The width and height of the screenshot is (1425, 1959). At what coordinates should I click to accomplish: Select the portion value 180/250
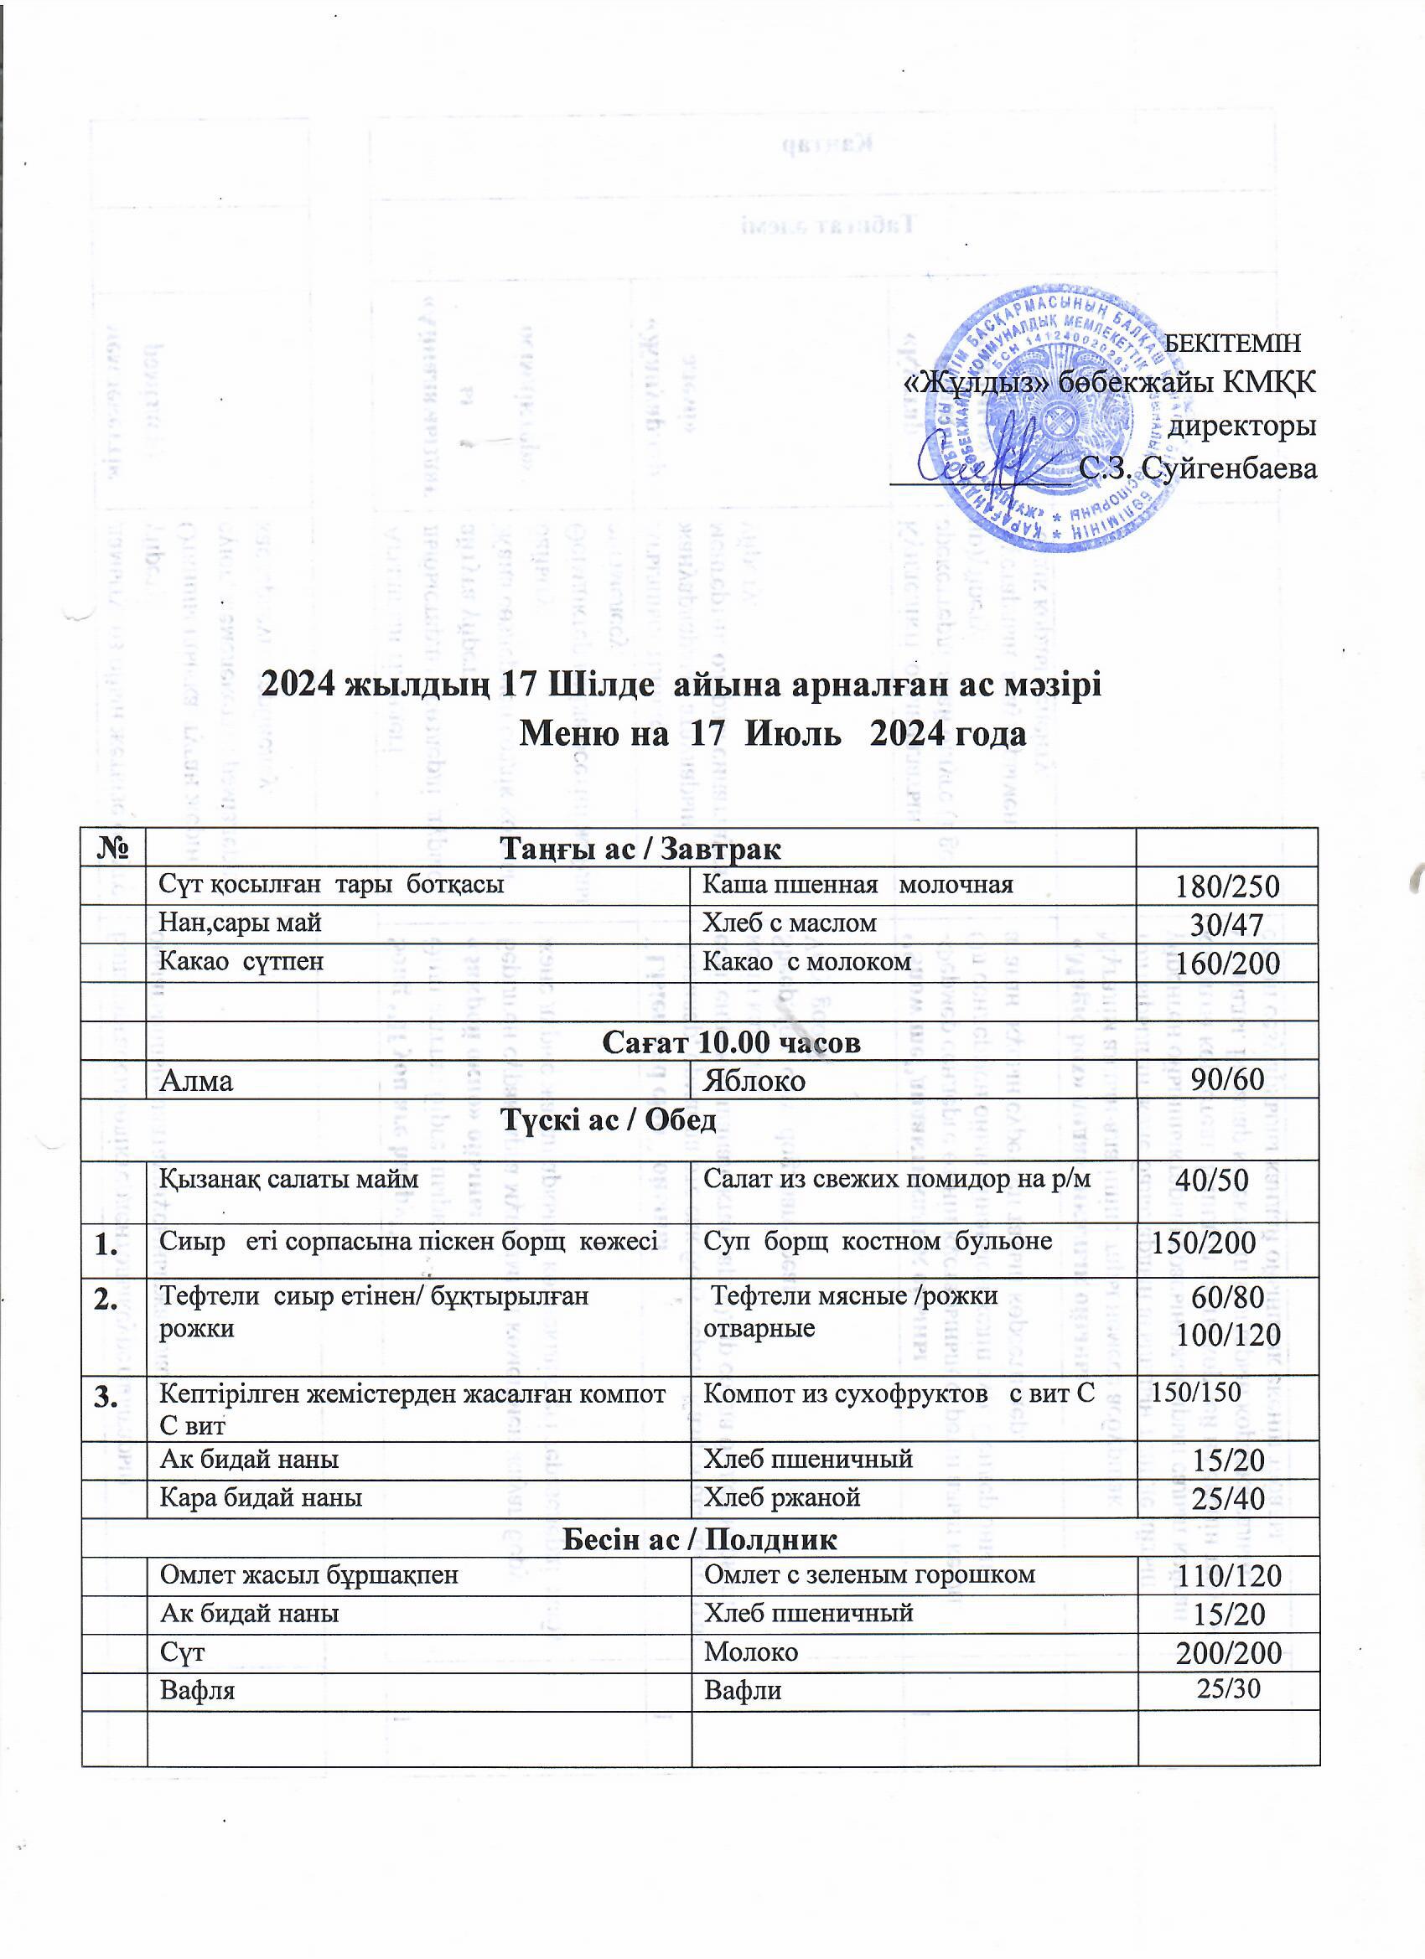click(1227, 887)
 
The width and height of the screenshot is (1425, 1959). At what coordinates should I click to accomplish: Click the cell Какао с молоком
click(807, 961)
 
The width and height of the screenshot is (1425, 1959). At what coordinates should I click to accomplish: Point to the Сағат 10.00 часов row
click(731, 1042)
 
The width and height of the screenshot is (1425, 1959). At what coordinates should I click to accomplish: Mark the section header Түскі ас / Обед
click(609, 1120)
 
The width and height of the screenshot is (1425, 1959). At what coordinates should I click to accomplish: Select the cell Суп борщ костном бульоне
click(878, 1241)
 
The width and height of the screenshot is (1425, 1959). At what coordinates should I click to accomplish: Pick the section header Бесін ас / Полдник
click(699, 1538)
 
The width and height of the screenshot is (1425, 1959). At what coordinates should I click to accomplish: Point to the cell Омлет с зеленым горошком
click(869, 1574)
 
